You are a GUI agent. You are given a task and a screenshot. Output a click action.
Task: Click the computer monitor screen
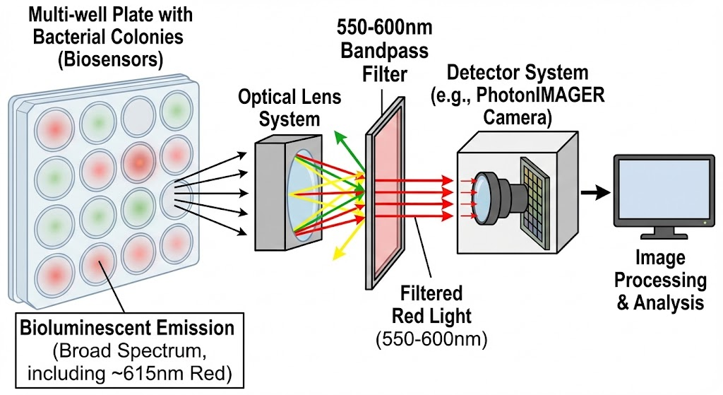click(664, 189)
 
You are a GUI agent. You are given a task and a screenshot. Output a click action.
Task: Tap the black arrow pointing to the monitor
click(595, 192)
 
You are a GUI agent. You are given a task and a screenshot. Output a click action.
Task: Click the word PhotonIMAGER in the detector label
click(540, 95)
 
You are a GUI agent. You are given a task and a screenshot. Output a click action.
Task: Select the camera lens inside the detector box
click(484, 199)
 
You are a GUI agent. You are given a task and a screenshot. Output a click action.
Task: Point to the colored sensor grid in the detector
click(535, 201)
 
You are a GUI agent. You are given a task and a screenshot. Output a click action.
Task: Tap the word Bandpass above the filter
click(385, 51)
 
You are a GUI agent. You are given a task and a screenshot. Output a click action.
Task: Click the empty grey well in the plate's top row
click(139, 115)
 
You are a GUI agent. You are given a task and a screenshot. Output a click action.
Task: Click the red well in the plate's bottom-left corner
click(54, 276)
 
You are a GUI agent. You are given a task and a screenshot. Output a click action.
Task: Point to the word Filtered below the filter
click(431, 293)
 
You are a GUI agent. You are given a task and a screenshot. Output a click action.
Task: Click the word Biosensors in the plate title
click(110, 60)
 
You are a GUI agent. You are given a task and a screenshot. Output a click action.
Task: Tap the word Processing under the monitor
click(660, 280)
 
